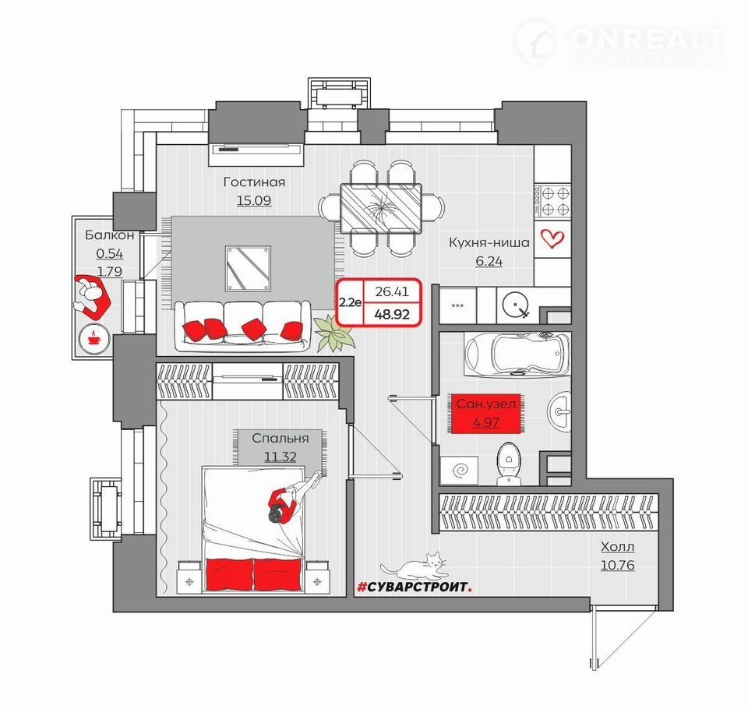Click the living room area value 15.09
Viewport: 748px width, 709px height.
coord(254,200)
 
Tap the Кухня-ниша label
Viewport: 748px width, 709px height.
coord(489,242)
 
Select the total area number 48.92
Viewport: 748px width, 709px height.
coord(392,314)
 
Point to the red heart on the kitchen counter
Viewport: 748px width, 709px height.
coord(552,238)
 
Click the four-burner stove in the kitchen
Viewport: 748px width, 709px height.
coord(552,201)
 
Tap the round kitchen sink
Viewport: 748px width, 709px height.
coord(516,305)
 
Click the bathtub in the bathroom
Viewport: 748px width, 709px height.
coord(517,354)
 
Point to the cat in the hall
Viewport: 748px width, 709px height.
coord(415,566)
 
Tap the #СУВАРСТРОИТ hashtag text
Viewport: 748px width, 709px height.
coord(415,587)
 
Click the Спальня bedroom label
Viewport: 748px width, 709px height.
coord(280,438)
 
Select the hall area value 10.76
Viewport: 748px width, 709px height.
coord(617,566)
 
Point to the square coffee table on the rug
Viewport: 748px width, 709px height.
coord(248,269)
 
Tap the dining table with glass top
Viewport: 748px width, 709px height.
coord(381,208)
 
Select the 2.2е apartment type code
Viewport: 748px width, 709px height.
coord(350,302)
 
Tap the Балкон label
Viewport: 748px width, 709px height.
coord(110,235)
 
